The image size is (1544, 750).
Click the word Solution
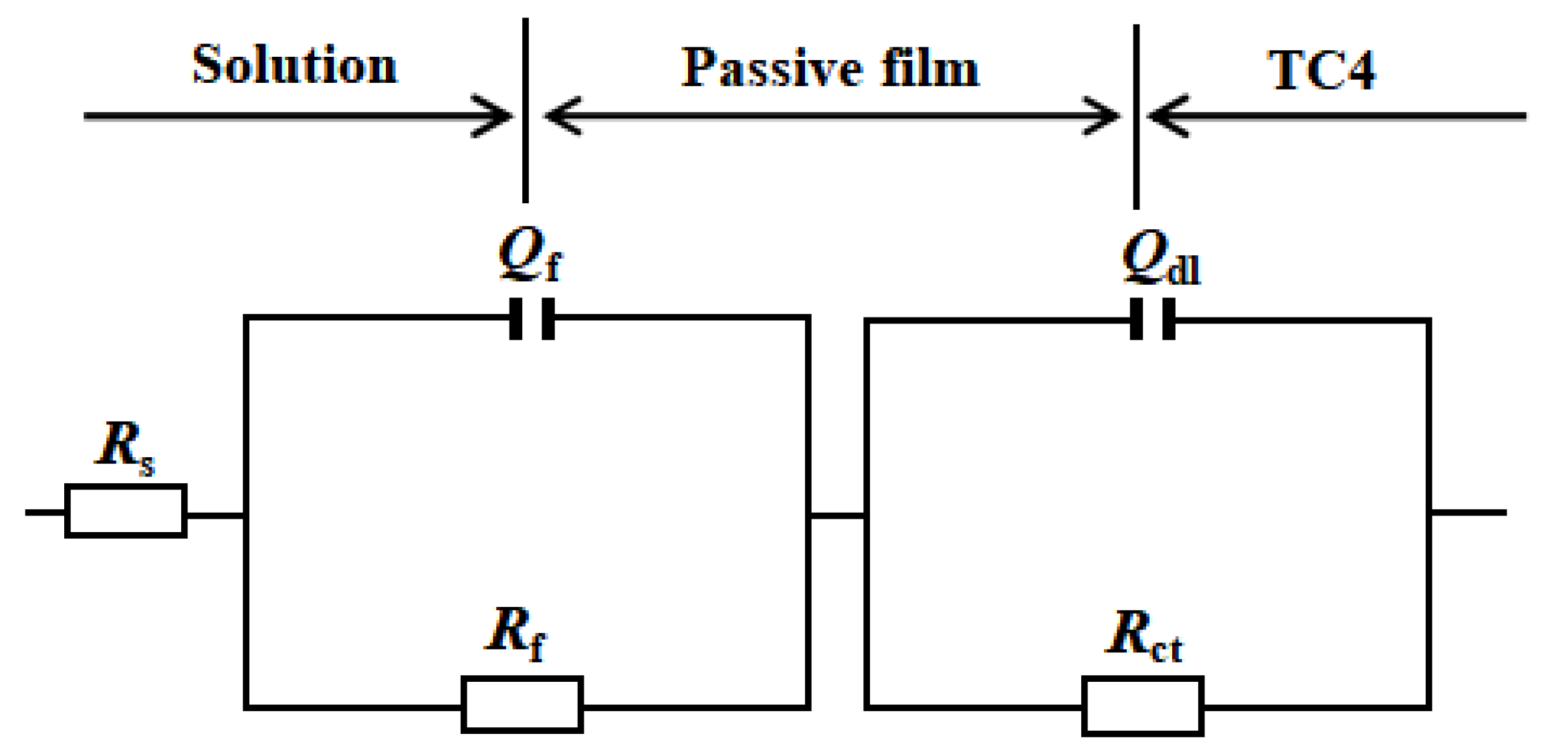[x=294, y=66]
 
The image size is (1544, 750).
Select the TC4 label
[x=1321, y=70]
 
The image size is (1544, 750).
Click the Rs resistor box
[x=126, y=511]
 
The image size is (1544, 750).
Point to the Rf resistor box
[x=522, y=705]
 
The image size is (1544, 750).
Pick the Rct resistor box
[x=1143, y=707]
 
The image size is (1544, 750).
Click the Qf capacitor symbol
[x=532, y=319]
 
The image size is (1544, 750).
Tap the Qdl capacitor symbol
[x=1152, y=320]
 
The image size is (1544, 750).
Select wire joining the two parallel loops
[x=837, y=515]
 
